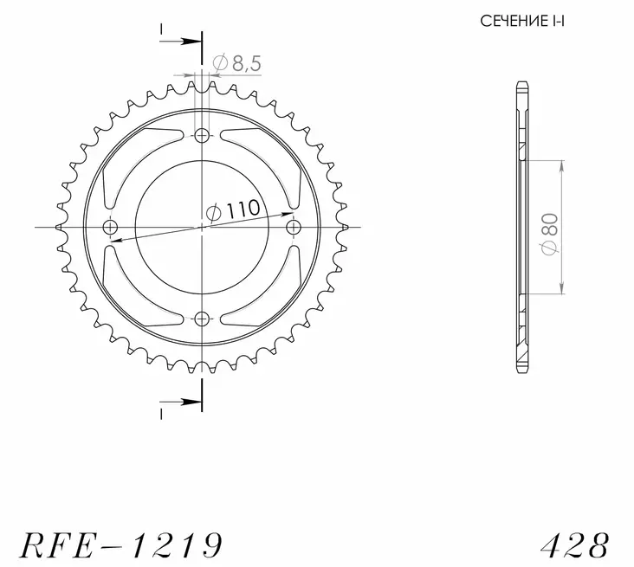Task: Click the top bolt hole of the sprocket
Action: click(x=202, y=136)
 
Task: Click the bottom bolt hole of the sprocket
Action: click(x=202, y=319)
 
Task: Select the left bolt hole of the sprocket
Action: click(x=110, y=227)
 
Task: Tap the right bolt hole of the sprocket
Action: click(x=294, y=227)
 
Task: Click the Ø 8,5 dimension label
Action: click(x=237, y=63)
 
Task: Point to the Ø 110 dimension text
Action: click(x=233, y=209)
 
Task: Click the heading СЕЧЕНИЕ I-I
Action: click(x=522, y=21)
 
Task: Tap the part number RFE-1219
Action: click(x=121, y=544)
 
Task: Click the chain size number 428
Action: click(x=574, y=544)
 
